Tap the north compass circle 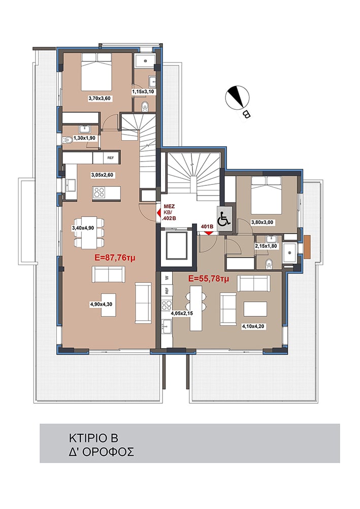[x=238, y=98]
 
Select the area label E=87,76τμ [x=115, y=258]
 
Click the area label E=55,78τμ [x=209, y=278]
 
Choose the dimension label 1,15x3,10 [x=143, y=92]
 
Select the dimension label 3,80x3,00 [x=262, y=222]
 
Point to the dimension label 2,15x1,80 [x=266, y=246]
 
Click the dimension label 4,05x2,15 [x=182, y=313]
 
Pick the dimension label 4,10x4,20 [x=254, y=327]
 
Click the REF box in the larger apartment [x=111, y=158]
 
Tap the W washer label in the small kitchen [x=167, y=278]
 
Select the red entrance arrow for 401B [x=208, y=232]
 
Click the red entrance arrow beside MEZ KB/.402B [x=158, y=213]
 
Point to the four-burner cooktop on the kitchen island [x=99, y=193]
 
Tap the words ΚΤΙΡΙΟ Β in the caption [x=93, y=438]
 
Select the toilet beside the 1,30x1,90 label [x=67, y=140]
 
